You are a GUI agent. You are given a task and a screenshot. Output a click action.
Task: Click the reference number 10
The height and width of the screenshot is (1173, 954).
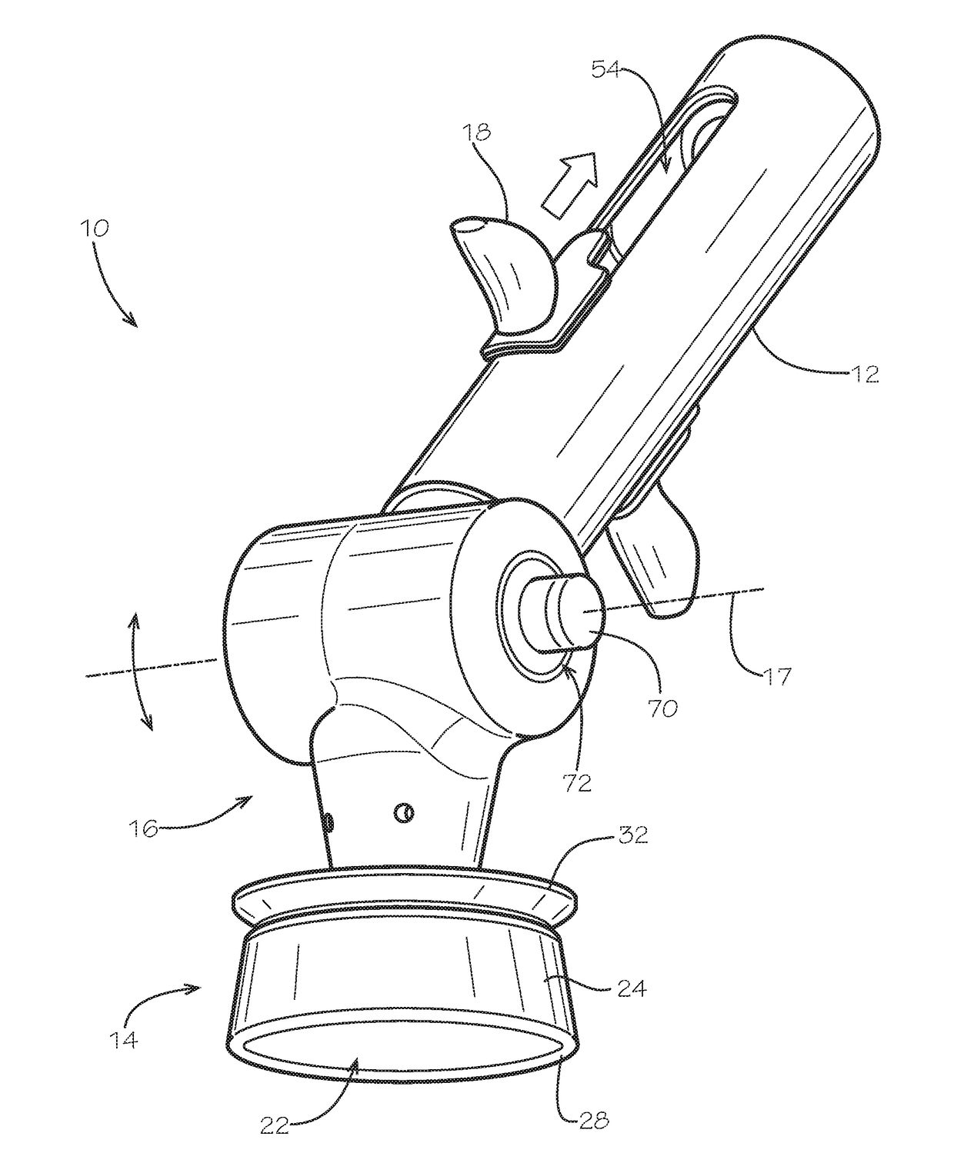95,228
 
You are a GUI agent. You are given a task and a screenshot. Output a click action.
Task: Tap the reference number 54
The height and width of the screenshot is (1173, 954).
606,70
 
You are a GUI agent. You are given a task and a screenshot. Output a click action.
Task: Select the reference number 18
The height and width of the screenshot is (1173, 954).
477,132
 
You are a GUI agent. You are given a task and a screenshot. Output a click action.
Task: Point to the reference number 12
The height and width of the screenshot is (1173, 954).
866,375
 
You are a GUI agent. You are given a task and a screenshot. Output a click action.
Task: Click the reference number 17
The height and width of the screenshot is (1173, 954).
776,675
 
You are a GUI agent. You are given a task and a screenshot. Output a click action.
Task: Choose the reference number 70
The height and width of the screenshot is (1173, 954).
662,708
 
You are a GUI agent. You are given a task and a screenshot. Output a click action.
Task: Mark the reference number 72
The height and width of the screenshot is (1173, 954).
577,782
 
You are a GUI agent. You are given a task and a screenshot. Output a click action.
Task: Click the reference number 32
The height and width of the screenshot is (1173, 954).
633,835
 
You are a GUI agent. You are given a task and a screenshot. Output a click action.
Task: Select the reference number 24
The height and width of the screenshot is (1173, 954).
631,989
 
